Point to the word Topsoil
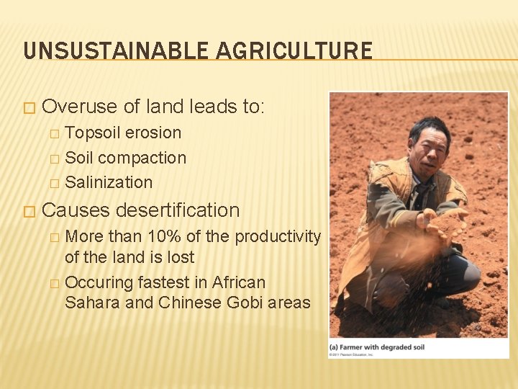93,133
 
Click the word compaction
142,158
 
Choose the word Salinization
109,183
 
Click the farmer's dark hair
430,126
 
